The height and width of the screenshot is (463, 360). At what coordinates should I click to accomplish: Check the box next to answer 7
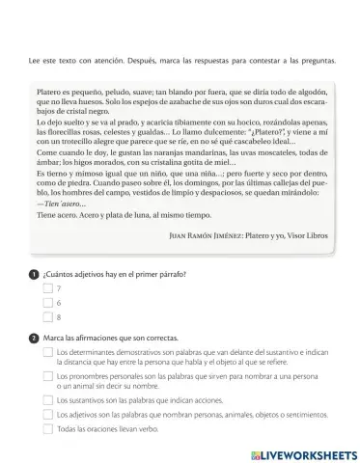click(47, 288)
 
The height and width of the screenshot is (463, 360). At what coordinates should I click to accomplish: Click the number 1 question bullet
click(34, 274)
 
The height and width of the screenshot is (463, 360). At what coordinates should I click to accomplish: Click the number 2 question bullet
click(34, 337)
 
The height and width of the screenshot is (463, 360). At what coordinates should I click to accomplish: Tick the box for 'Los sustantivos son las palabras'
click(47, 399)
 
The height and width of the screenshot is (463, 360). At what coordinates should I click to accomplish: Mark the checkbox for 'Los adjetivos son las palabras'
click(47, 414)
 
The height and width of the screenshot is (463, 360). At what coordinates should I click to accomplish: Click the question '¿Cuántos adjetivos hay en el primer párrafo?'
click(114, 274)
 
